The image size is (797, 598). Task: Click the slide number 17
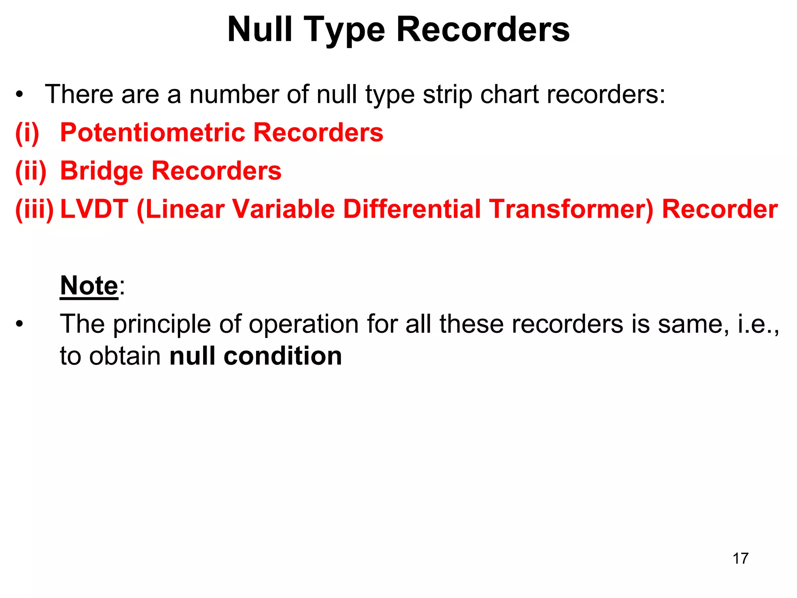tap(740, 558)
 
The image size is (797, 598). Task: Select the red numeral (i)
tap(27, 133)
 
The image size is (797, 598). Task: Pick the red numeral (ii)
tap(31, 171)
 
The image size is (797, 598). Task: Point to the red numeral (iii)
tap(34, 209)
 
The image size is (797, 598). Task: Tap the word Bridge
tap(102, 171)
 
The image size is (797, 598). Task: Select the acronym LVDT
tap(94, 209)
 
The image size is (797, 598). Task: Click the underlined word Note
tap(89, 286)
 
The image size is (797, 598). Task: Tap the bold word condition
tap(283, 356)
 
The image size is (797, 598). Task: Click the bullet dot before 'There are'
tap(19, 95)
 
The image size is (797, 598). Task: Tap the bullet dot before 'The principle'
tap(19, 324)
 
